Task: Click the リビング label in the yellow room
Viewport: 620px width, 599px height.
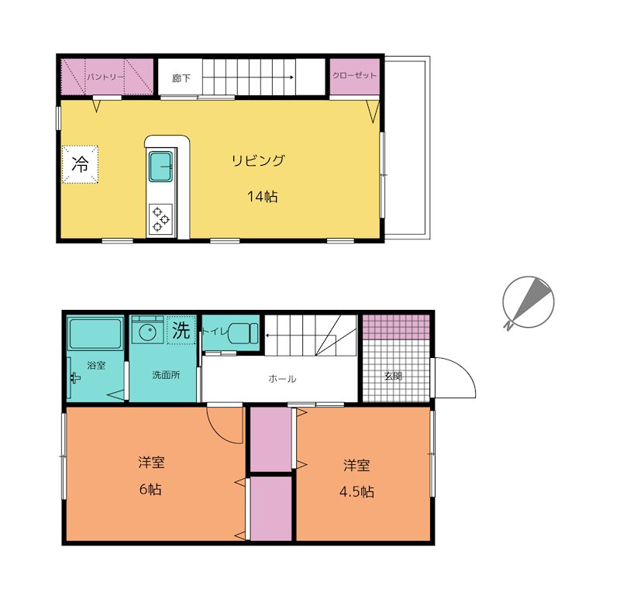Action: pos(258,160)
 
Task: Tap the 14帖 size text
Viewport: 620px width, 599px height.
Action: pos(263,197)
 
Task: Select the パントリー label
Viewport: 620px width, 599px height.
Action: pos(106,77)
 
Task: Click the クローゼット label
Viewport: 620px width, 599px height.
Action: pos(354,75)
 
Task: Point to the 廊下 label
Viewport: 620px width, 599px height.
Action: pos(181,78)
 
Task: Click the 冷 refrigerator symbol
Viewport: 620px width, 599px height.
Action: pos(80,164)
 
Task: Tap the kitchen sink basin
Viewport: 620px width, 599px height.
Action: pos(160,167)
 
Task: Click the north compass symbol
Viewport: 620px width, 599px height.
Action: pos(528,302)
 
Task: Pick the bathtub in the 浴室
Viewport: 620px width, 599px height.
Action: pos(95,334)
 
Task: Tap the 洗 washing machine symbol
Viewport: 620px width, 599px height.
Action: pos(181,331)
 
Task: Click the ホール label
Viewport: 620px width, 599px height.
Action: pos(282,379)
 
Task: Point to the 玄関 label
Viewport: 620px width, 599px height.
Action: pos(393,376)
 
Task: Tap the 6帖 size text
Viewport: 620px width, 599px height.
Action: pos(150,490)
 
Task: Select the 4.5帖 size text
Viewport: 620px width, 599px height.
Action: pos(356,492)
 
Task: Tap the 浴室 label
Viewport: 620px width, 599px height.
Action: pos(96,365)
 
